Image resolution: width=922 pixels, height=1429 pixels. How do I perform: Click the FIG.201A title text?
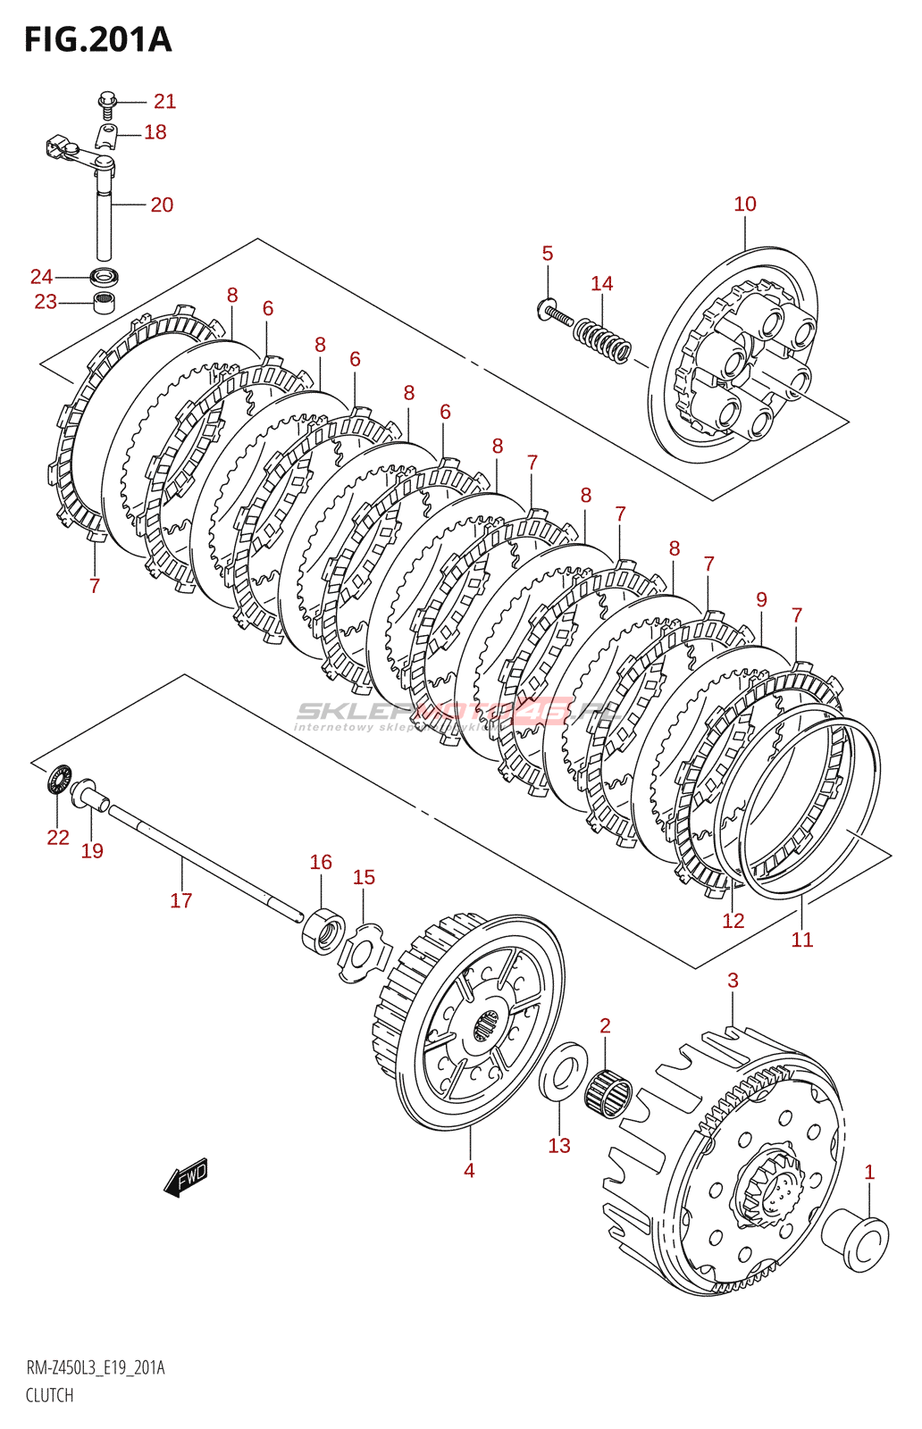[x=97, y=40]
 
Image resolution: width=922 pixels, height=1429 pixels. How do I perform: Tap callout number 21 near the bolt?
[x=165, y=102]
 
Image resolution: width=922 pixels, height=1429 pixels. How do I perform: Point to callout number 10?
[x=744, y=205]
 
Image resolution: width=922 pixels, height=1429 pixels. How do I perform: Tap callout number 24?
[x=41, y=277]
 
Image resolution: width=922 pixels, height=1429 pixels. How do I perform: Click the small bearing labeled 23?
[x=105, y=301]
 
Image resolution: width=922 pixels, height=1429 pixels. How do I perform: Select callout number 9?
[x=761, y=600]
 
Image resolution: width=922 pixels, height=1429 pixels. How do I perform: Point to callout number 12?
[x=733, y=921]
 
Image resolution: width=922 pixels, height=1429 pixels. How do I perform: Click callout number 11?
[x=801, y=940]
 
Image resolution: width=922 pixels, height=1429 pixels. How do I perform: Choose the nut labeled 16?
[x=323, y=931]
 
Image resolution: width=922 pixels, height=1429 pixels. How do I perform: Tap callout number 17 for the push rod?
[x=181, y=901]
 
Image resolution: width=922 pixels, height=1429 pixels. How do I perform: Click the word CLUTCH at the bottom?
[x=49, y=1395]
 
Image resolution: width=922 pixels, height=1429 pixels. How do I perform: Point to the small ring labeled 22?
[x=60, y=779]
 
